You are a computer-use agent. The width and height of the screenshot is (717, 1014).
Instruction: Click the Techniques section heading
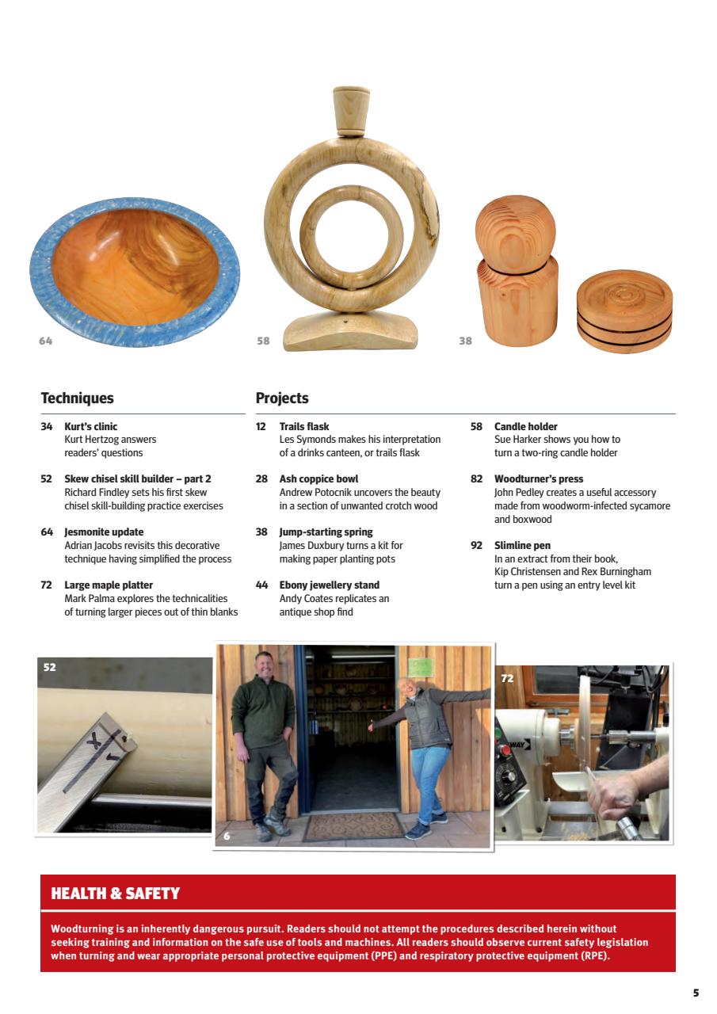tap(77, 398)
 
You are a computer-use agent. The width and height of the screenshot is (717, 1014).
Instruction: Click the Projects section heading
tap(282, 398)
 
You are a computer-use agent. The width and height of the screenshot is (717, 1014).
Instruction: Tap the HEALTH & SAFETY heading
tap(115, 894)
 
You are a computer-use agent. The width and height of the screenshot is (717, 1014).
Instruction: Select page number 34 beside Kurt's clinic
tap(47, 426)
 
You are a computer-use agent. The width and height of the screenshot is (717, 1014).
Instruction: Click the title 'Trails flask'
tap(304, 426)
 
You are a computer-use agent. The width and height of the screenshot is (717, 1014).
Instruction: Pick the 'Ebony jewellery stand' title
tap(329, 585)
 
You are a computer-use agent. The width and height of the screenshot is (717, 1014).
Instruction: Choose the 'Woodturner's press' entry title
tap(538, 479)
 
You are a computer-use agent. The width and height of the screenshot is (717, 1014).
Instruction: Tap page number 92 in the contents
tap(476, 546)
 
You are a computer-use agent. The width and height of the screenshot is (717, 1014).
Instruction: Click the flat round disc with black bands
tap(624, 311)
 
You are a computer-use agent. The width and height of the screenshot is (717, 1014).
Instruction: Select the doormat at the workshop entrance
tap(353, 825)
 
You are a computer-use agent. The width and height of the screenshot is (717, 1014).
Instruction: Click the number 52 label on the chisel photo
tap(50, 668)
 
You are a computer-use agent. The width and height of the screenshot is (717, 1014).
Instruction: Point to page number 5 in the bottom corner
tap(696, 992)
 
